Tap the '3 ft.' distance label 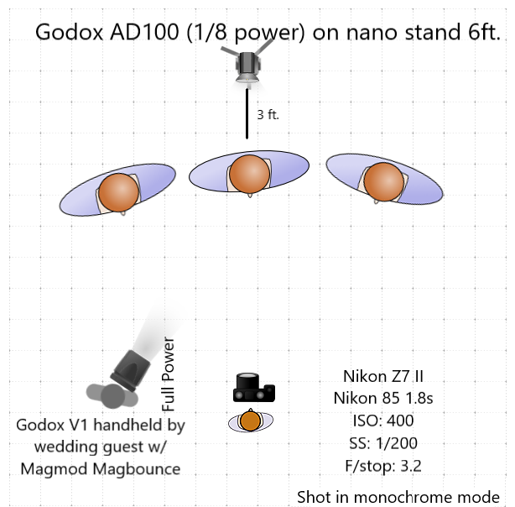tap(268, 114)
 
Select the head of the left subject tap(117, 191)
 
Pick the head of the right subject tap(382, 180)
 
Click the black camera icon tap(253, 389)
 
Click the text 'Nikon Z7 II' tap(377, 377)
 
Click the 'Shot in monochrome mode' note tap(398, 496)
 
